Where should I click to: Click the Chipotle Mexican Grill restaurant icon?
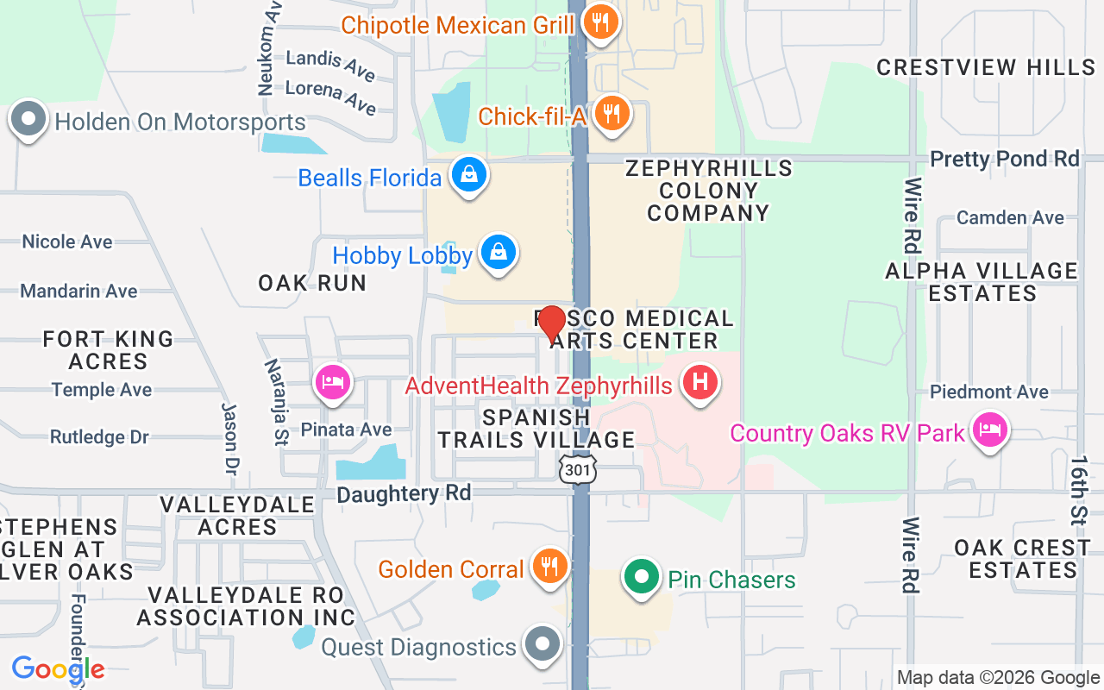click(599, 21)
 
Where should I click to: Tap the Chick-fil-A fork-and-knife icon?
click(612, 112)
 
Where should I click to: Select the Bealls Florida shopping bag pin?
click(468, 174)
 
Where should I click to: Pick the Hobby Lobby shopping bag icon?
click(499, 253)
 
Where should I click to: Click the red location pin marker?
click(551, 323)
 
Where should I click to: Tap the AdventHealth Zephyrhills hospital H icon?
click(700, 381)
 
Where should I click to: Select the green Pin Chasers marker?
click(640, 575)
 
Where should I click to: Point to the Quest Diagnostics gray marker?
click(543, 643)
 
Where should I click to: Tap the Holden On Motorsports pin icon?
click(28, 120)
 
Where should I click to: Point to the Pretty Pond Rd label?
click(1004, 159)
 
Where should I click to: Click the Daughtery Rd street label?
click(404, 493)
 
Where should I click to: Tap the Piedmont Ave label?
click(988, 392)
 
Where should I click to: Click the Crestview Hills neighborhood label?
click(985, 67)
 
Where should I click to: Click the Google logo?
click(58, 668)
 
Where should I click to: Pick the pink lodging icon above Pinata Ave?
click(333, 381)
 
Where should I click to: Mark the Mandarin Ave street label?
click(78, 291)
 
